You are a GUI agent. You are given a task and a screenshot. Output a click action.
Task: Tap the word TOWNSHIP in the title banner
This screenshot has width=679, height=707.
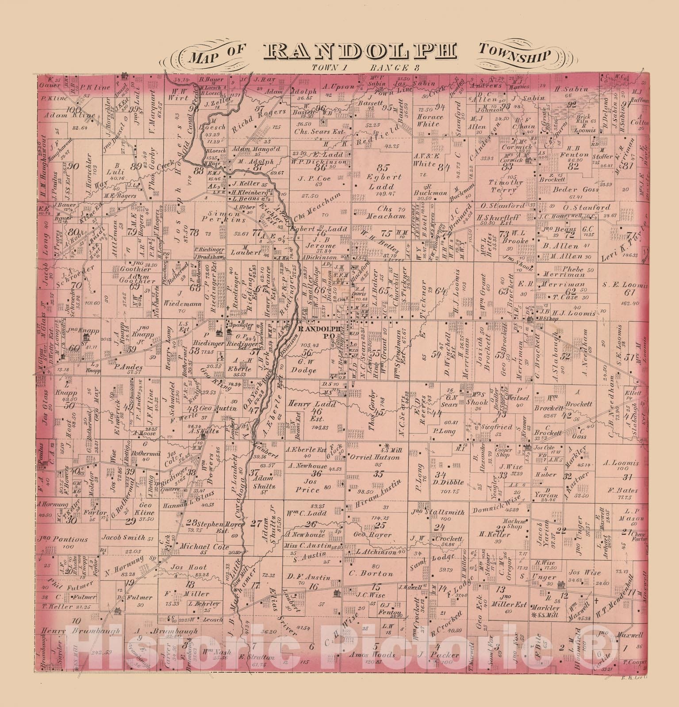pyautogui.click(x=514, y=55)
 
